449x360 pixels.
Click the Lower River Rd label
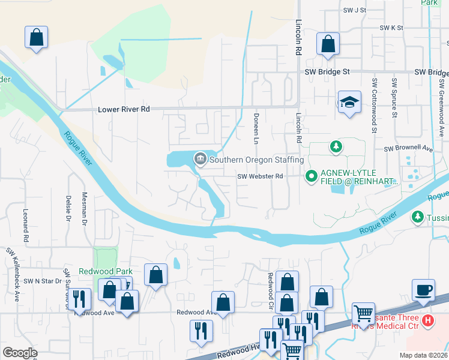coord(124,110)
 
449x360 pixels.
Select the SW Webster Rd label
coord(260,176)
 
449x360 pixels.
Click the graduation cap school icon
coord(349,102)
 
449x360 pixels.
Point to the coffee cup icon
coord(424,290)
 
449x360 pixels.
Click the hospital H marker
coord(427,321)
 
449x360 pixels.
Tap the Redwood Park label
coord(102,271)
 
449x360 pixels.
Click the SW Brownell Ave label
coord(408,148)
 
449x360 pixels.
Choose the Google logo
coord(20,353)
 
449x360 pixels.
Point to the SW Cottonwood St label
coord(373,105)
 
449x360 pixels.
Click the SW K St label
coord(391,28)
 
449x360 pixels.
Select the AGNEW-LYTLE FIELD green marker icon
coord(311,176)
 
